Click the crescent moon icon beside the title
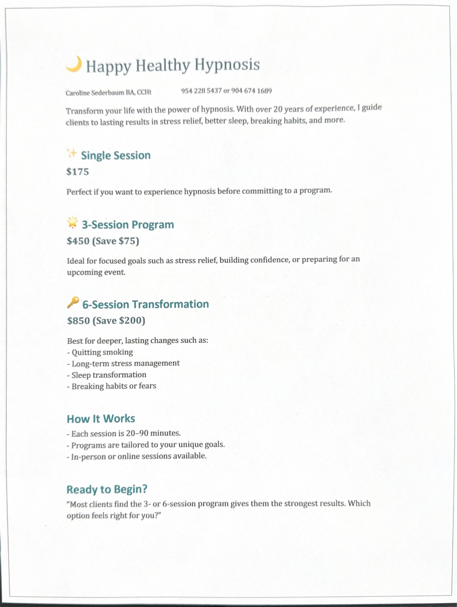point(74,64)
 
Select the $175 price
point(78,172)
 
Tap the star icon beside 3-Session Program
point(73,223)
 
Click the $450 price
point(78,241)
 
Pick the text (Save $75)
point(115,241)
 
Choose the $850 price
point(78,321)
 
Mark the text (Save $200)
point(119,321)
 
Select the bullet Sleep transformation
point(108,375)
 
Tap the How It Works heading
point(101,419)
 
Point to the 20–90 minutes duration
point(153,433)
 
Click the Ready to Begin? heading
point(107,490)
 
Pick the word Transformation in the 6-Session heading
point(171,304)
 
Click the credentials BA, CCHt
point(138,92)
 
